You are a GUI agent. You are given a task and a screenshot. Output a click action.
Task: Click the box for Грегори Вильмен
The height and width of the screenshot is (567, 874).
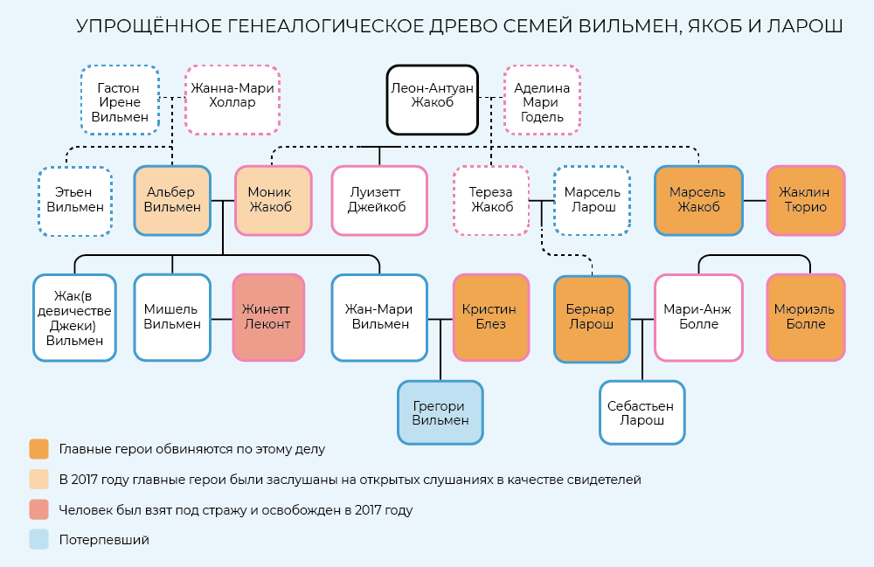[x=440, y=413]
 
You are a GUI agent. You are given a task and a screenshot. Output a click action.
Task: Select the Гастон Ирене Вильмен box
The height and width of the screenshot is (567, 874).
[x=119, y=103]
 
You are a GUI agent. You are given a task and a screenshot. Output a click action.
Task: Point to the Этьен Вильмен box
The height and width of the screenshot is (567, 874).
[x=75, y=200]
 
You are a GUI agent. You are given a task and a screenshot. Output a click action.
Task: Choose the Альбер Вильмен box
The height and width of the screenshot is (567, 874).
[x=172, y=200]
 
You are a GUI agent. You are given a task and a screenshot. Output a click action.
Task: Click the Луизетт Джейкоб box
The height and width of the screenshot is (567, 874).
[x=378, y=200]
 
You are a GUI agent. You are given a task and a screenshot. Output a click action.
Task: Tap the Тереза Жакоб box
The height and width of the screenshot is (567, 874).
[x=492, y=200]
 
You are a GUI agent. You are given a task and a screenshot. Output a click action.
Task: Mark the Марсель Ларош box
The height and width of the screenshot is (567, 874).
[x=592, y=200]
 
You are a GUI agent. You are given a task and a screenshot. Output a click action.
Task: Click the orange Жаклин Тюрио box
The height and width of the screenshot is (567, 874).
[x=806, y=200]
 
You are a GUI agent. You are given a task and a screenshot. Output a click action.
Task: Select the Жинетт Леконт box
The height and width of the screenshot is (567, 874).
[x=268, y=316]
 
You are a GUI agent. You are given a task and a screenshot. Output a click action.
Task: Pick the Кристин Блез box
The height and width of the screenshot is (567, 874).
[x=490, y=316]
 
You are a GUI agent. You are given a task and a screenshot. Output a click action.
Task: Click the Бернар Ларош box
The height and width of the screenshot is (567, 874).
[x=591, y=318]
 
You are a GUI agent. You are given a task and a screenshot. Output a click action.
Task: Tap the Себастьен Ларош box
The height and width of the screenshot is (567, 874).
[x=642, y=412]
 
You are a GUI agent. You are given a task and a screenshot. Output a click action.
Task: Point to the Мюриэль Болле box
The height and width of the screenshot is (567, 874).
[x=805, y=316]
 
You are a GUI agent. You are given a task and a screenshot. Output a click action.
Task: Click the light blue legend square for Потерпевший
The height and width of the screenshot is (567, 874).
[x=38, y=539]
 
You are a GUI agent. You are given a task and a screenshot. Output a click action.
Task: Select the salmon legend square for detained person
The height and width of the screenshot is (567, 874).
[x=38, y=509]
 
